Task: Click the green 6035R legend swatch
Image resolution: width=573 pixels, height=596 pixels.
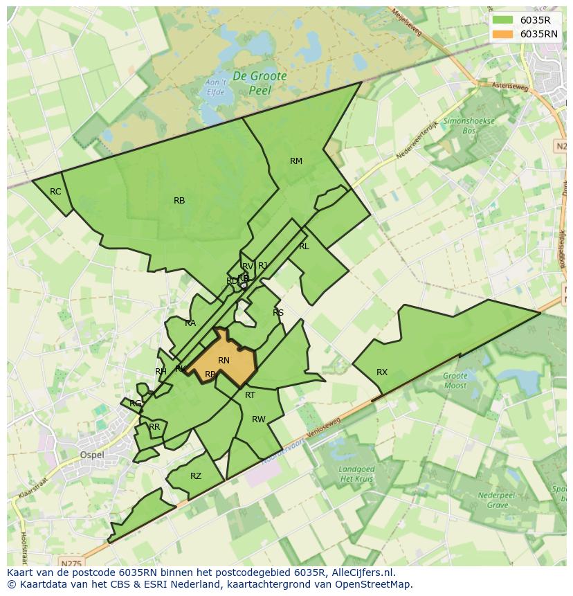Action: (x=503, y=20)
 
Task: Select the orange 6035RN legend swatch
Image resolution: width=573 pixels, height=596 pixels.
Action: (x=503, y=34)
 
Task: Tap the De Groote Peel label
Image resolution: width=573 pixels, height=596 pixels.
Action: (x=259, y=82)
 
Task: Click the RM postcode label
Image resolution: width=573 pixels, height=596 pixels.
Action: (x=296, y=161)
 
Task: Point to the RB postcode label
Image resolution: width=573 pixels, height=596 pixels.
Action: (x=179, y=201)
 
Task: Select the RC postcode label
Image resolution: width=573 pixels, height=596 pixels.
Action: (x=55, y=192)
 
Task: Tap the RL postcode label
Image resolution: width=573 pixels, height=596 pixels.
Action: (x=304, y=246)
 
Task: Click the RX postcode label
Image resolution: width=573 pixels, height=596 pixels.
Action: (x=382, y=372)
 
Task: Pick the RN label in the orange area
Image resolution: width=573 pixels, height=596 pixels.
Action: (x=224, y=361)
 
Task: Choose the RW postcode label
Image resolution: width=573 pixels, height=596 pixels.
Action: (x=259, y=419)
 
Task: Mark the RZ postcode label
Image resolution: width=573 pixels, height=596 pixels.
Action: (x=196, y=476)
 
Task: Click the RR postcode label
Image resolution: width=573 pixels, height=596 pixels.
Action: (x=154, y=427)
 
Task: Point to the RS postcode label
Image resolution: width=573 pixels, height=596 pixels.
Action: (x=278, y=313)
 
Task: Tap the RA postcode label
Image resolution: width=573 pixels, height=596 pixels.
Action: (x=190, y=323)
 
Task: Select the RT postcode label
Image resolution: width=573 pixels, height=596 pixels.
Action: (x=250, y=395)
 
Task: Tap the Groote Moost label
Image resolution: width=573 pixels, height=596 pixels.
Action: (x=455, y=381)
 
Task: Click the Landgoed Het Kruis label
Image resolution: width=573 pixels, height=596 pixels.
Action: (x=356, y=474)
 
